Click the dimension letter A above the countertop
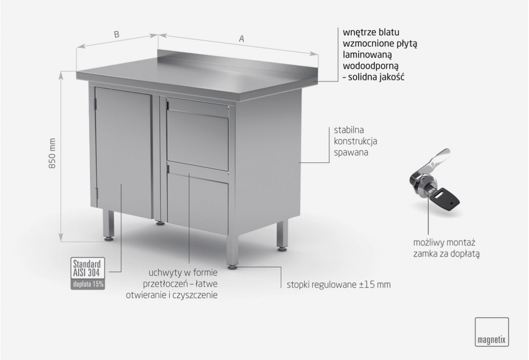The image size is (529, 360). [242, 38]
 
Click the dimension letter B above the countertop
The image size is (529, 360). [116, 34]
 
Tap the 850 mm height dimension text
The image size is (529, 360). [52, 153]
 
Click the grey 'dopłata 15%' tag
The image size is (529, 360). [88, 284]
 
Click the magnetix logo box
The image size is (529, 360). [492, 332]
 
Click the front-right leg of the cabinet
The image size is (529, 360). [232, 250]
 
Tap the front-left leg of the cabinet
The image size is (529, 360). [108, 225]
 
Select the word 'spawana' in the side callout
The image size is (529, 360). [351, 153]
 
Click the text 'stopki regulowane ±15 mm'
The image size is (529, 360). [339, 285]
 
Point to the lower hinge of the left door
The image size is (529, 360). [96, 193]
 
